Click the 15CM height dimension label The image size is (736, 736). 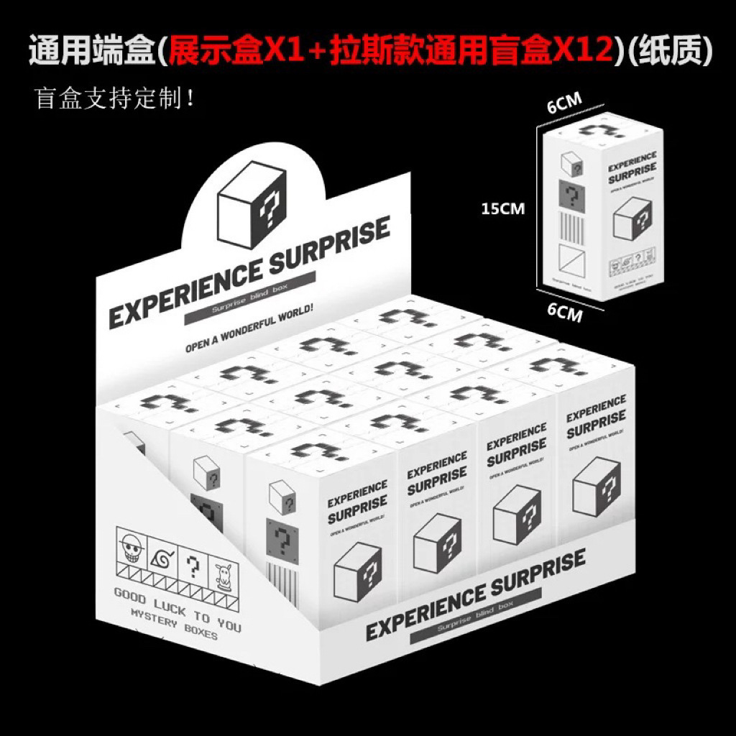[503, 208]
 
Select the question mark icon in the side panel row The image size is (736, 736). [192, 565]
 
